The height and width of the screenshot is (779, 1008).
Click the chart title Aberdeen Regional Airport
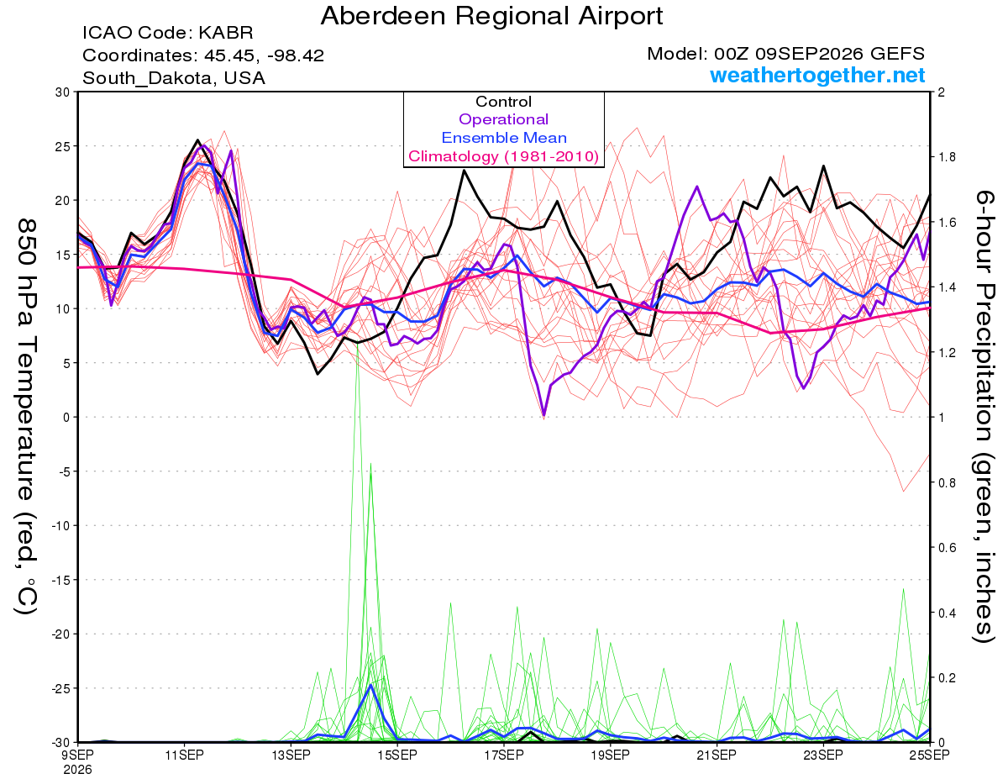(491, 17)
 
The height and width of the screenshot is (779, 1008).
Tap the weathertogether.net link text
(816, 76)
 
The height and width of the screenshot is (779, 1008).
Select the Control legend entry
(503, 102)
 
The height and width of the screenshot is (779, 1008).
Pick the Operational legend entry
(503, 119)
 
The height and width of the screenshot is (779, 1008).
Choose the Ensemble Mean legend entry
(504, 138)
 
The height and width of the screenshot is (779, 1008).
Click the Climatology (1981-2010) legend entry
(503, 156)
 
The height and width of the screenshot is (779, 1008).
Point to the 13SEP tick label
(291, 755)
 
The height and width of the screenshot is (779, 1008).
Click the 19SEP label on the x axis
(611, 755)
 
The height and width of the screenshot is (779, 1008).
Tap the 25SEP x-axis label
(930, 755)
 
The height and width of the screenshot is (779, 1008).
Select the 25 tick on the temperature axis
(63, 146)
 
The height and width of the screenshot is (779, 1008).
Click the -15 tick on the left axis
(60, 580)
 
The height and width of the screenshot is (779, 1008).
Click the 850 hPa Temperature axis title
(26, 417)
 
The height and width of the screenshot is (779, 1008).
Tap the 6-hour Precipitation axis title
(984, 416)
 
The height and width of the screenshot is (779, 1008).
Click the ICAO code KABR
(226, 33)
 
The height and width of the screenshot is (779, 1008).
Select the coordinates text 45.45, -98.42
(264, 55)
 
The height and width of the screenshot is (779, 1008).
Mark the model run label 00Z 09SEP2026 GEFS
(819, 54)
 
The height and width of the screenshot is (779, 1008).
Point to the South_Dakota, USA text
(174, 78)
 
